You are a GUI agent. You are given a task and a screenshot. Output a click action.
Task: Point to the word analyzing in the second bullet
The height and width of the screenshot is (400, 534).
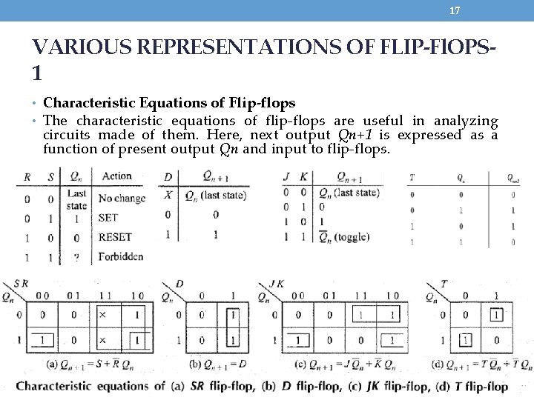click(466, 121)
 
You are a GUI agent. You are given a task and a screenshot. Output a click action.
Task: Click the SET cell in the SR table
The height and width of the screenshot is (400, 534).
click(108, 219)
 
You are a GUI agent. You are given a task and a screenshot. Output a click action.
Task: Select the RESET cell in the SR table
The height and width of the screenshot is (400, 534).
click(115, 237)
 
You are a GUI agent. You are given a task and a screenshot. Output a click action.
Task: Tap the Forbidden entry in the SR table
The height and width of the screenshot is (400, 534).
click(121, 256)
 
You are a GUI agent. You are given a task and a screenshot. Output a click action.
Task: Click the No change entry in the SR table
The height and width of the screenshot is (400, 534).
click(122, 199)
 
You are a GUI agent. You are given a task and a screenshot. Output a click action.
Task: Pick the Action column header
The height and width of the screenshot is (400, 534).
click(116, 176)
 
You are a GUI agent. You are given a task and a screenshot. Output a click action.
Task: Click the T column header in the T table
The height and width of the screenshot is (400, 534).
click(412, 178)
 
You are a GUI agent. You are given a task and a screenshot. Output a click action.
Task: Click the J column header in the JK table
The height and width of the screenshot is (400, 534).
click(287, 176)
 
